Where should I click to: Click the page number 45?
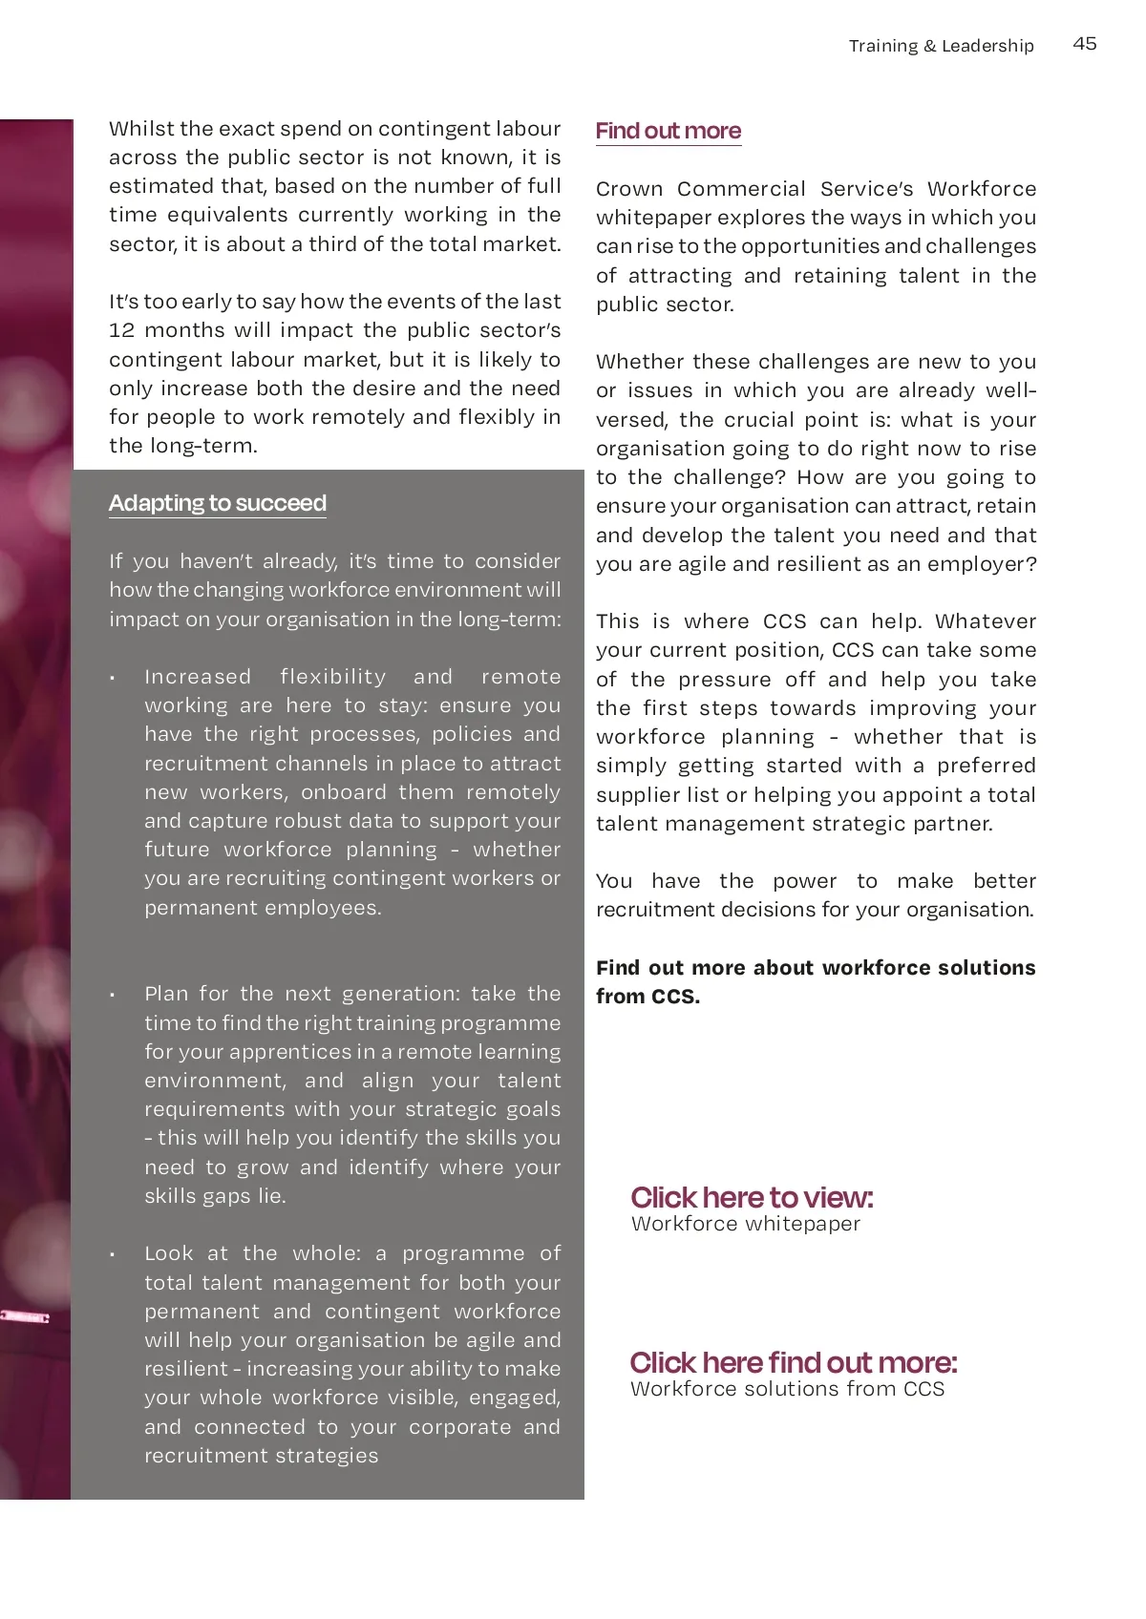coord(1085,44)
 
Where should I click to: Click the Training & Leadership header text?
coord(941,46)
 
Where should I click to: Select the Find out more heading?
coord(668,131)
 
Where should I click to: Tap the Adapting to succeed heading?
coord(217,503)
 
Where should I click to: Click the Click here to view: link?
coord(752,1197)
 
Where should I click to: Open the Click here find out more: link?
coord(793,1362)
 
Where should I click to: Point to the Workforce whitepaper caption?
coord(745,1224)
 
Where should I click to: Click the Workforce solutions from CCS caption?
coord(787,1389)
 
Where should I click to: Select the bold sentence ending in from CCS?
coord(815,981)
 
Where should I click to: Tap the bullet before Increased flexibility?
coord(113,679)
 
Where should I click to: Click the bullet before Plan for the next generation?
coord(113,996)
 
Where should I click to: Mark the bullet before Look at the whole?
coord(113,1255)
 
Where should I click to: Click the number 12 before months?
coord(121,330)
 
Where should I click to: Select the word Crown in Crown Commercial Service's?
coord(628,189)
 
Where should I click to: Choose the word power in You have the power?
coord(804,881)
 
